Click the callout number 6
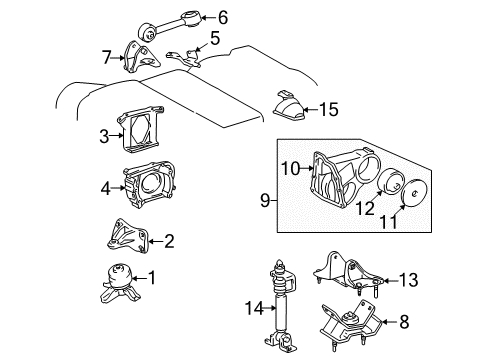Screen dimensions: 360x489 click(223, 16)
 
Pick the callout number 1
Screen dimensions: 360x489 click(151, 277)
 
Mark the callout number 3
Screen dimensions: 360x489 click(103, 136)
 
